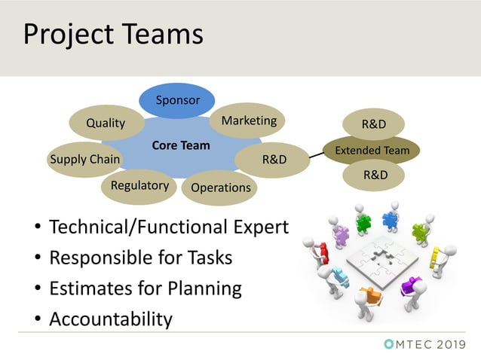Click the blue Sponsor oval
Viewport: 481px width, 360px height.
(177, 101)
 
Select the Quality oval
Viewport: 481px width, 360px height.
(106, 124)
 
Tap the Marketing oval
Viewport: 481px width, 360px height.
(249, 121)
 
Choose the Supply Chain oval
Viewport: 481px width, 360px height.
(84, 159)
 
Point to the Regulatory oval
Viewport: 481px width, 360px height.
(139, 185)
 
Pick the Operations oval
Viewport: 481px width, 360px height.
(220, 188)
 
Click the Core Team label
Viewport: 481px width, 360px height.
(181, 145)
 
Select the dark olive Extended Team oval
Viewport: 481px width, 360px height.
(372, 150)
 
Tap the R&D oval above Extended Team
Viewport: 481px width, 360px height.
(375, 124)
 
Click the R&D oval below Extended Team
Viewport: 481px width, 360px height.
(375, 175)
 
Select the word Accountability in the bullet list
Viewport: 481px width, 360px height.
(110, 319)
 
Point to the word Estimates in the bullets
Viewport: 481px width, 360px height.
(90, 288)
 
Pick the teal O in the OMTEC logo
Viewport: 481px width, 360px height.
(389, 344)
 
